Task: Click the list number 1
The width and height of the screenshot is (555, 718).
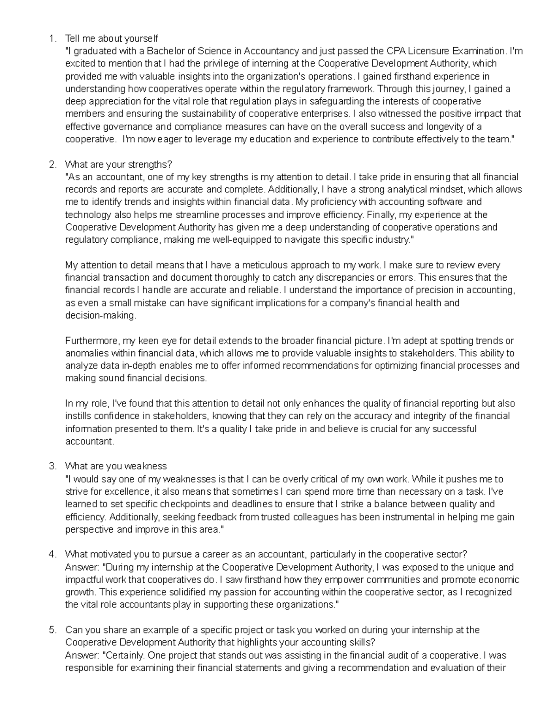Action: click(x=51, y=38)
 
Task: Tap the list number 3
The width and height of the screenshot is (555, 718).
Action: click(x=51, y=466)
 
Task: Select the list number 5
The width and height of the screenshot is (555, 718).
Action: click(x=51, y=630)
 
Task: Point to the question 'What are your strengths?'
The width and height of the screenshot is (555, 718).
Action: click(x=118, y=165)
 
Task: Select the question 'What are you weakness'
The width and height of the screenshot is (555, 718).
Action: click(x=116, y=466)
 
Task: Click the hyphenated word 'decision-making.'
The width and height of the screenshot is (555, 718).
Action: click(x=101, y=316)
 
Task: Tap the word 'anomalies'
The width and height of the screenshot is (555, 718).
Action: click(x=86, y=354)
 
